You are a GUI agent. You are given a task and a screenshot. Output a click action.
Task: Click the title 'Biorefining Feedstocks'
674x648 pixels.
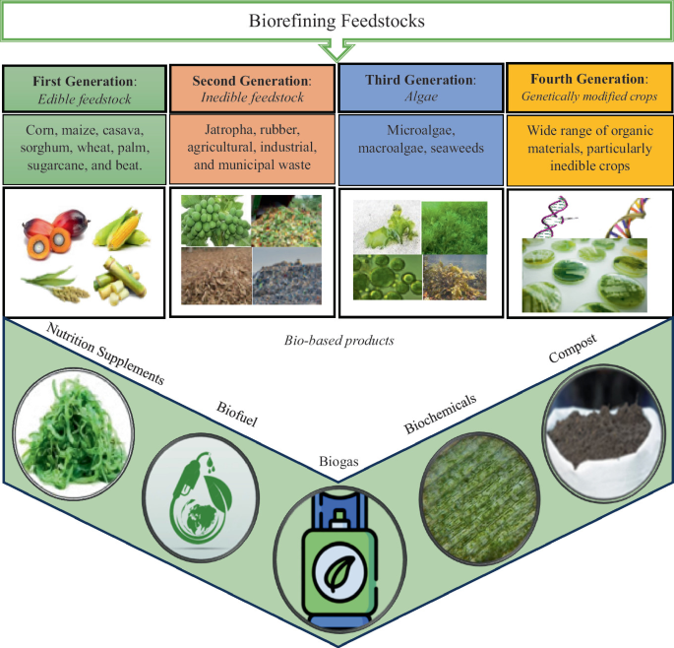336,20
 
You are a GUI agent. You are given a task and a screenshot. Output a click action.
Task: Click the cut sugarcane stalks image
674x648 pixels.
121,281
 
